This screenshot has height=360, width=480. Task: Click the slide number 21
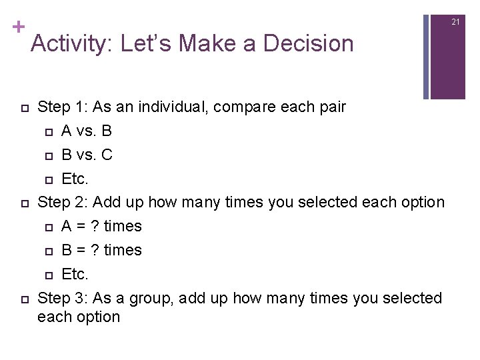tap(456, 22)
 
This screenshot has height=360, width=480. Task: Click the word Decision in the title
tap(308, 44)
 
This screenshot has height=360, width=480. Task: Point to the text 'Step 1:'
tap(63, 107)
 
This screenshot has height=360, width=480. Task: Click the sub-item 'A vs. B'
tap(86, 131)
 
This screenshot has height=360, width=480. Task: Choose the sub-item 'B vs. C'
tap(87, 155)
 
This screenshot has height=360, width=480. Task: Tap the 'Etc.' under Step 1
tap(75, 179)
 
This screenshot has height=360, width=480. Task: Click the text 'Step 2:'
tap(63, 202)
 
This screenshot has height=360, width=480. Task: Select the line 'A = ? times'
tap(101, 226)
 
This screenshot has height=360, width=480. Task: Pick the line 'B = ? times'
tap(101, 250)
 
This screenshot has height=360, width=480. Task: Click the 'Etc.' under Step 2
tap(75, 273)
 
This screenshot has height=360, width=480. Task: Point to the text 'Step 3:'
tap(63, 297)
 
